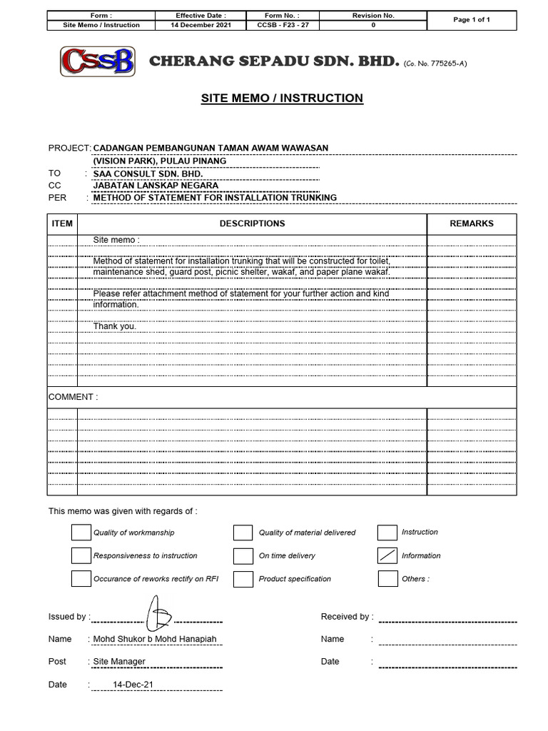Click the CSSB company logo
97,61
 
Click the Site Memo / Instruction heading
282,98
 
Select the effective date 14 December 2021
201,25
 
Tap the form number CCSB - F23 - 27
282,25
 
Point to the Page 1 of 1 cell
472,20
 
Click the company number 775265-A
435,64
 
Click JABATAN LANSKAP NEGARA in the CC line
156,186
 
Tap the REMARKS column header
471,223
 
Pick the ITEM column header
62,223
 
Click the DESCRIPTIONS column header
252,223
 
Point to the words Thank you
114,326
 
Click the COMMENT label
73,397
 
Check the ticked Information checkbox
387,555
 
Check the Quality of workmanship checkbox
81,533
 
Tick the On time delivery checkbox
243,555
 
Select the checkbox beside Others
387,578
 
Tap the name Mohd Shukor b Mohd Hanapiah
155,639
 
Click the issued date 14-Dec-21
133,684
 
